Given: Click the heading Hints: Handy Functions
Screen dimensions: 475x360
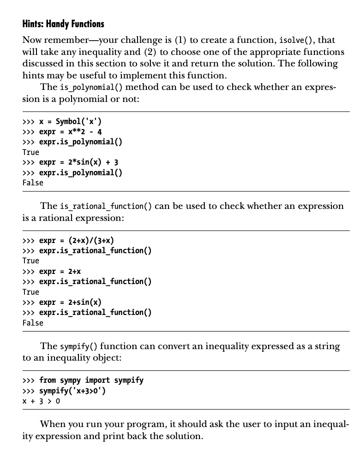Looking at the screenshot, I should coord(63,24).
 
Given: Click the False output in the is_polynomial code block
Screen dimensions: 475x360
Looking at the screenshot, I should coord(33,183).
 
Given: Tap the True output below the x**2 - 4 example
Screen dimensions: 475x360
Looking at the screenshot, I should coord(31,152).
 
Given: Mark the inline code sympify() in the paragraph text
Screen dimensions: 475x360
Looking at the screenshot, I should coord(78,346).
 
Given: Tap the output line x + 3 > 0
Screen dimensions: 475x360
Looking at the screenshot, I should coord(41,401).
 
